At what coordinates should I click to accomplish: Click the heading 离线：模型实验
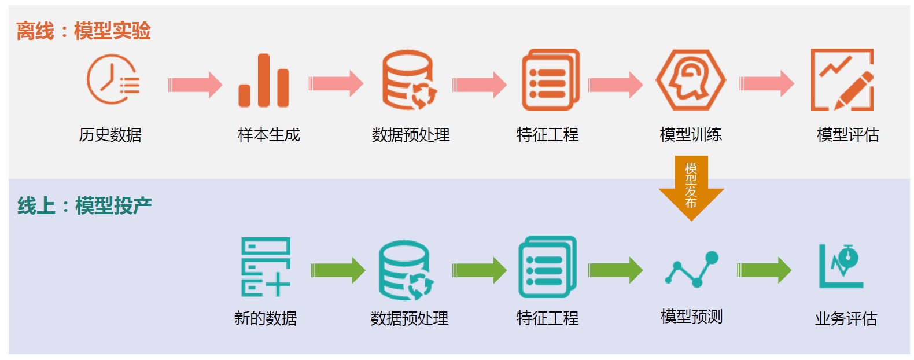click(x=83, y=31)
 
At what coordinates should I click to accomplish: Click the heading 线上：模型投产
click(x=84, y=205)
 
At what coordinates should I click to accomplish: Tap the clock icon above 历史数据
click(x=113, y=80)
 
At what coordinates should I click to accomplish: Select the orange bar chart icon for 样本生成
click(x=264, y=81)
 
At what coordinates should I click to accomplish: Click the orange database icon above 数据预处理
click(x=409, y=80)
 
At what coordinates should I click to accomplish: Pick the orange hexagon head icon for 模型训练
click(x=690, y=80)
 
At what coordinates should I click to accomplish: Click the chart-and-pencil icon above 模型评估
click(x=842, y=80)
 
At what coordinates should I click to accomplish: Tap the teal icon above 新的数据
click(x=266, y=267)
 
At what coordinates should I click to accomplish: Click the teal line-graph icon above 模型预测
click(x=692, y=269)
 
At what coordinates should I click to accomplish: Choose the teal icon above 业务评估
click(x=842, y=266)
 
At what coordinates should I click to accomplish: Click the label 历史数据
click(x=110, y=135)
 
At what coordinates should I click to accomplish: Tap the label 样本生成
click(x=269, y=135)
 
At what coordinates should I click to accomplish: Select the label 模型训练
click(x=691, y=135)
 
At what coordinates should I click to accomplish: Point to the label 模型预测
click(x=692, y=317)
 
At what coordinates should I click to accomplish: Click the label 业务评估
click(x=846, y=318)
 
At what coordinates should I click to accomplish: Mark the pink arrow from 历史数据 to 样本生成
click(x=195, y=85)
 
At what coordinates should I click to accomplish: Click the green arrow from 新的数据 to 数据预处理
click(x=338, y=270)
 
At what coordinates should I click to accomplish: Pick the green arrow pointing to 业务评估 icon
click(x=764, y=270)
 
